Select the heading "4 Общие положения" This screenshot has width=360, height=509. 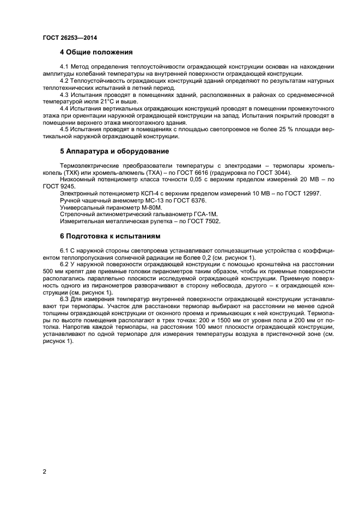click(96, 53)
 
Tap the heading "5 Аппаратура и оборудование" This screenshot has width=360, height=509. click(114, 151)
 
